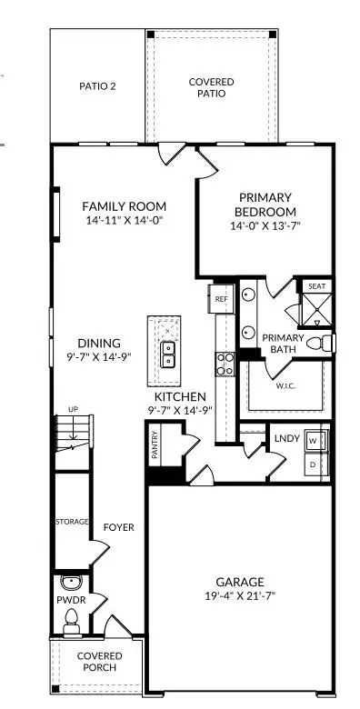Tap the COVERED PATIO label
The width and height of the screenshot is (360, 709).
(x=211, y=88)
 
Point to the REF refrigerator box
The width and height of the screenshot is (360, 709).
(x=220, y=296)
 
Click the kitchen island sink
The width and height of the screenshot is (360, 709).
(x=168, y=354)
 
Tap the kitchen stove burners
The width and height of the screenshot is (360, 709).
(x=224, y=364)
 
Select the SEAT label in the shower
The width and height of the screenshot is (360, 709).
(x=316, y=286)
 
